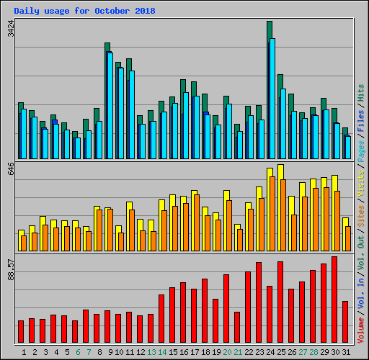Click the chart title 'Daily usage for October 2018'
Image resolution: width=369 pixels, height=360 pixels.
(84, 12)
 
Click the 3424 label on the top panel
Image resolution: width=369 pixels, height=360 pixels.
(11, 29)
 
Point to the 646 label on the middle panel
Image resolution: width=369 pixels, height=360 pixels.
(11, 170)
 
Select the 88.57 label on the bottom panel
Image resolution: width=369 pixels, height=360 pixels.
(11, 271)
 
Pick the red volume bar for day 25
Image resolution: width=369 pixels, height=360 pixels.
(280, 302)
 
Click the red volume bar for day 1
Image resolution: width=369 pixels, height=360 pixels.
(21, 332)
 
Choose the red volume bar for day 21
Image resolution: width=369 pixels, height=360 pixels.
(237, 327)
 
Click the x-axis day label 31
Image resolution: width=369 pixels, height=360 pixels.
(345, 352)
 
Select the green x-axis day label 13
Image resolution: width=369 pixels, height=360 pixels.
(151, 352)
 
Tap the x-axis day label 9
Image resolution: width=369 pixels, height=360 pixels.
(110, 352)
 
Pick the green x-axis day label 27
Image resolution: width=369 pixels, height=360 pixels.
(302, 352)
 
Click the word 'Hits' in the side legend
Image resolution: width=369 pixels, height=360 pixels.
(361, 92)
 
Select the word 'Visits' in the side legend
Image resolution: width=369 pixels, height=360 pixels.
(361, 185)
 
